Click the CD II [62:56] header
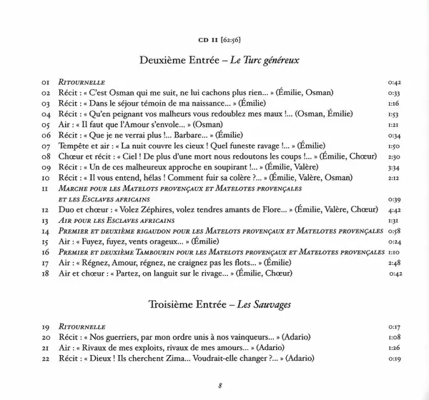coord(214,39)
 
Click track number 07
coord(47,145)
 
